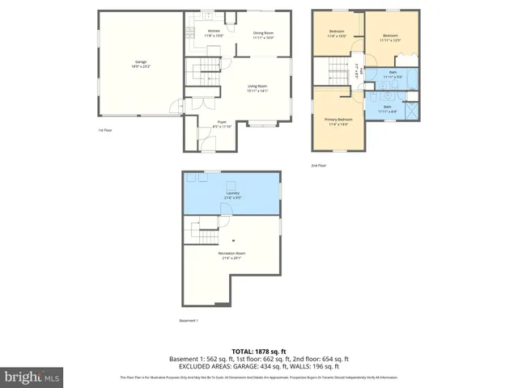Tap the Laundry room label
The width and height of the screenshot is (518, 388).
coord(231,195)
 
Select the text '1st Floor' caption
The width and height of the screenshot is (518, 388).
coord(106,129)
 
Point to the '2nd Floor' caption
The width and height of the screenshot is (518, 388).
coord(319,165)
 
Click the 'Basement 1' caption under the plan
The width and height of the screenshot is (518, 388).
coord(189,321)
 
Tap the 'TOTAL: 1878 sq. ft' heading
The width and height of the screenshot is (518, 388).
coord(258,351)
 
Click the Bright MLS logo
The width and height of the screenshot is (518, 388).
coord(32,376)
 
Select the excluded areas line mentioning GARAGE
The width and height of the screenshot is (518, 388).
coord(258,366)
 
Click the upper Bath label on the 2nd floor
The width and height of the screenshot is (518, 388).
coord(393,74)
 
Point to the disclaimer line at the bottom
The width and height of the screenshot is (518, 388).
coord(258,377)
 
